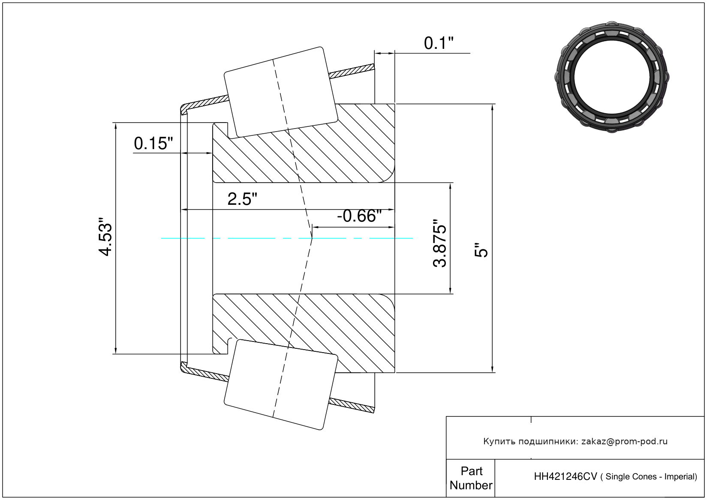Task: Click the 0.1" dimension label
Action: click(439, 43)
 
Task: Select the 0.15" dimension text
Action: click(153, 144)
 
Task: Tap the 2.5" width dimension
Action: click(242, 199)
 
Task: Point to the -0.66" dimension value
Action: click(359, 216)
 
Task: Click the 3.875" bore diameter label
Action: click(439, 243)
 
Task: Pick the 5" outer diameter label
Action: click(481, 250)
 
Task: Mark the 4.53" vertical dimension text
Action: click(105, 236)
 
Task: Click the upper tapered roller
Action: click(281, 93)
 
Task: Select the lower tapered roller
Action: click(281, 385)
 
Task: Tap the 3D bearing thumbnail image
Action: click(612, 77)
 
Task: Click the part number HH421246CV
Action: click(565, 477)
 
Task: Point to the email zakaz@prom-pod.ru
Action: click(624, 442)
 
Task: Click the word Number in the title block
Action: click(471, 485)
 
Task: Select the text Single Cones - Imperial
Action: click(651, 477)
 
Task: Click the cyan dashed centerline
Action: click(287, 238)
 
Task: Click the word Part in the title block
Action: click(472, 471)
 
